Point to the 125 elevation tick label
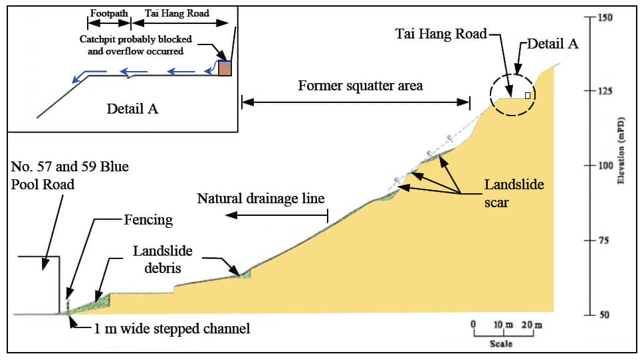pyautogui.click(x=604, y=91)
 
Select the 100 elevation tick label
pyautogui.click(x=604, y=165)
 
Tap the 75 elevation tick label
pyautogui.click(x=604, y=240)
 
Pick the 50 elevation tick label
pyautogui.click(x=604, y=314)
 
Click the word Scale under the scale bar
pyautogui.click(x=501, y=344)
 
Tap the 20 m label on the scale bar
pyautogui.click(x=532, y=325)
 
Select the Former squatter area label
pyautogui.click(x=360, y=86)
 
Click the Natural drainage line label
pyautogui.click(x=261, y=198)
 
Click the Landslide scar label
pyautogui.click(x=504, y=193)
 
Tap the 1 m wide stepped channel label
pyautogui.click(x=171, y=328)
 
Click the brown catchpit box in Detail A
pyautogui.click(x=225, y=68)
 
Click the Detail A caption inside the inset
pyautogui.click(x=132, y=108)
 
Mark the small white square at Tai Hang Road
pyautogui.click(x=528, y=96)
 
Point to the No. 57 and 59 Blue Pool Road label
pyautogui.click(x=69, y=174)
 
